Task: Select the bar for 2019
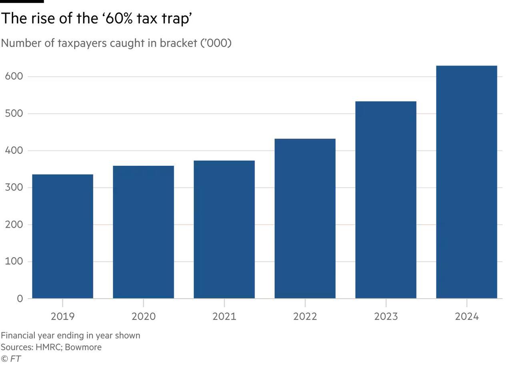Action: [62, 236]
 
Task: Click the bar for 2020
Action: [143, 232]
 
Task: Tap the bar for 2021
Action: [224, 229]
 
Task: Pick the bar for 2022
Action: [305, 218]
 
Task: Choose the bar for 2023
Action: [386, 200]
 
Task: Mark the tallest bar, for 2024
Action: [466, 182]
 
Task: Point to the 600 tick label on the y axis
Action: [14, 76]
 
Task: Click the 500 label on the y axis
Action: [14, 113]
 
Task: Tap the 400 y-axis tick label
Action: [14, 151]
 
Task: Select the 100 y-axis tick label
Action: [14, 261]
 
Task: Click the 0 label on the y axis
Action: [20, 299]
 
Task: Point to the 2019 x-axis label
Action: [62, 316]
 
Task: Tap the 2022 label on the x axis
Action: [305, 316]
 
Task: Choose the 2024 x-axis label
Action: [466, 316]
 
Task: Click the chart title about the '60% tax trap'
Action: [96, 18]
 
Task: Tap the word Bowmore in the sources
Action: [83, 347]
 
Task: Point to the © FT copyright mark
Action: [11, 359]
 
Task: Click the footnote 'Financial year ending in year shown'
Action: [70, 335]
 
